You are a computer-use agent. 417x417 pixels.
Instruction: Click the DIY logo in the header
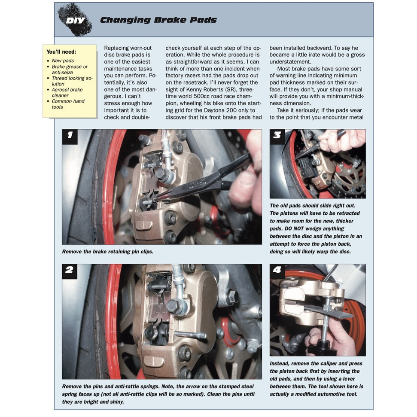coord(75,20)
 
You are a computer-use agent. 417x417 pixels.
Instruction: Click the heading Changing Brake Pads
coord(158,20)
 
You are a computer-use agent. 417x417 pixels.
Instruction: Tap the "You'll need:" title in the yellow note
coord(61,52)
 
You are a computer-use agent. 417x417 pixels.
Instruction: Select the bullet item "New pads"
coord(63,61)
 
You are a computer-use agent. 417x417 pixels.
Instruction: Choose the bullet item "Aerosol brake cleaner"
coord(67,92)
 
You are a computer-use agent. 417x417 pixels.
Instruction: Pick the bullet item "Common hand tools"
coord(68,104)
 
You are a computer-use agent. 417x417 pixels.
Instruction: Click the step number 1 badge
coord(70,137)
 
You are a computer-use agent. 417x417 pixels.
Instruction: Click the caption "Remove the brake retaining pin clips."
coord(108,252)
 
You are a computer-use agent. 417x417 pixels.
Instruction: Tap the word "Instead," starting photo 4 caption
coord(280,363)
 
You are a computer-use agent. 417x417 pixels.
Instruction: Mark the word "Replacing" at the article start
coord(116,48)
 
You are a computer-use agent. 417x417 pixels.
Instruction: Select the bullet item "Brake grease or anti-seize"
coord(70,70)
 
